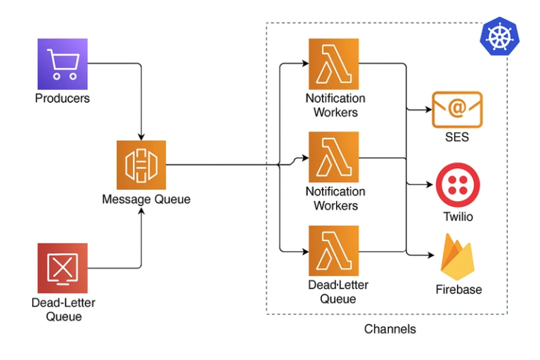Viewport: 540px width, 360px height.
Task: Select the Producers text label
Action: [x=63, y=98]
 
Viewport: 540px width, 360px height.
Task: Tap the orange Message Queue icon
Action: [x=141, y=165]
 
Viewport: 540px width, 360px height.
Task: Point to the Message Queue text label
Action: [x=146, y=199]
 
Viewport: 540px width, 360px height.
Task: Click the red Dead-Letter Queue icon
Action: [x=63, y=268]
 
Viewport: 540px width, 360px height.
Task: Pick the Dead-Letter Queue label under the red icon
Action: [x=63, y=309]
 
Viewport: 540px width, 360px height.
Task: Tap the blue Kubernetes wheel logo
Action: [x=499, y=36]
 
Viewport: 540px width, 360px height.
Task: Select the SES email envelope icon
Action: [x=457, y=109]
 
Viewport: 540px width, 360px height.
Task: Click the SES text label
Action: [x=457, y=137]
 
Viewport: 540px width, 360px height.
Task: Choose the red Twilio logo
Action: [x=457, y=185]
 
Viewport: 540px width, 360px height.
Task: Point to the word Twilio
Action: [x=458, y=217]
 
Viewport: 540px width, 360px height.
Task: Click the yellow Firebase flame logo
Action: [x=458, y=257]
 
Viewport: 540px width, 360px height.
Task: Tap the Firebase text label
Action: [x=458, y=289]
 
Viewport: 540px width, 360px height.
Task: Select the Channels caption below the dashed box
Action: [x=390, y=329]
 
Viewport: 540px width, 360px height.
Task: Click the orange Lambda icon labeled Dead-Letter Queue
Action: [x=334, y=250]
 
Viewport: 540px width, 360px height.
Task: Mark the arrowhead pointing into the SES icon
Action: [x=428, y=109]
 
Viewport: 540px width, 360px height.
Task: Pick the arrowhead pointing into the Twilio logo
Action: [x=431, y=185]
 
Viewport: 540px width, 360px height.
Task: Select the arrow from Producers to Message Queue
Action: [x=141, y=98]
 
